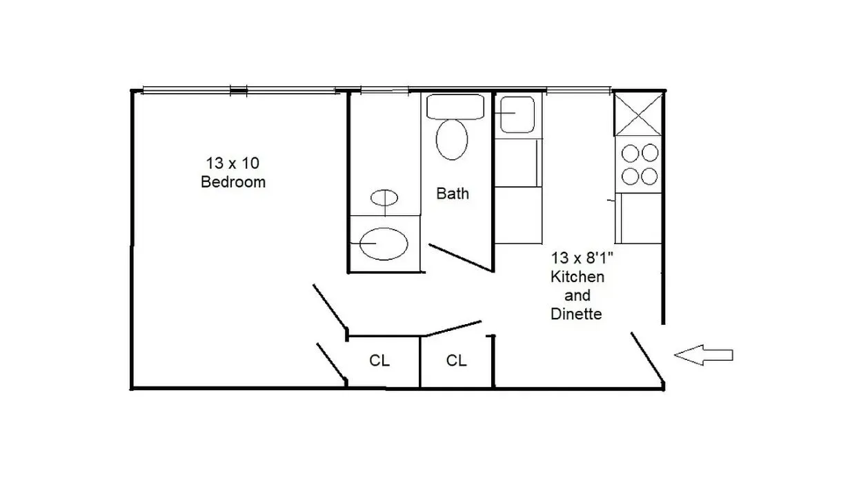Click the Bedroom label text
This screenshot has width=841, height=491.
[x=233, y=183]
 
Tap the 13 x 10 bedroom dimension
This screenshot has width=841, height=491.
[x=232, y=163]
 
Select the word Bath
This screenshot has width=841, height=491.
[x=453, y=194]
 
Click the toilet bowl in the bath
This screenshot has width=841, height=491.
[x=453, y=139]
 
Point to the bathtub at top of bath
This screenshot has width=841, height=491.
[x=457, y=106]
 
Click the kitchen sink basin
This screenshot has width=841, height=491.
[x=517, y=114]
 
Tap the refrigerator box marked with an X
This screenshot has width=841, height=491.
[x=637, y=114]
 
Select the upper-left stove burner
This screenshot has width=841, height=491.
[x=630, y=152]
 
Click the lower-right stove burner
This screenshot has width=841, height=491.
[x=649, y=176]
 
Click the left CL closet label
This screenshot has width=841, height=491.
[x=379, y=361]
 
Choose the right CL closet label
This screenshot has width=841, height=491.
[x=456, y=361]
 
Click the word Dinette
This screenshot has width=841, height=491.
[x=577, y=314]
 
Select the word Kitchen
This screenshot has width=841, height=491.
[x=577, y=277]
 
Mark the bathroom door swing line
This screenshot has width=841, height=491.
[x=459, y=257]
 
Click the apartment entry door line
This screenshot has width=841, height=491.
[x=647, y=357]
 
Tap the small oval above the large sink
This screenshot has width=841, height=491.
[x=384, y=198]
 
